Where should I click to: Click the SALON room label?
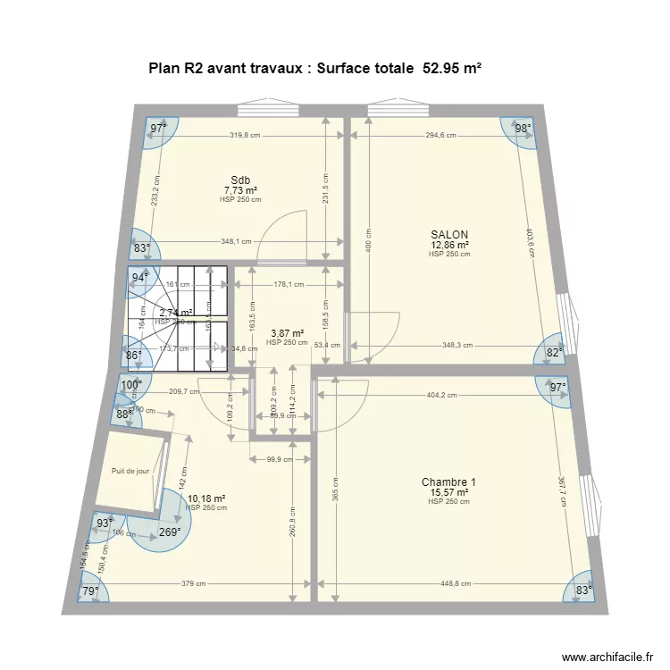(448, 235)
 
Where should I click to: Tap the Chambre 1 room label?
(448, 482)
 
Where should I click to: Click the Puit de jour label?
(130, 471)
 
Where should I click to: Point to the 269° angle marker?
(170, 532)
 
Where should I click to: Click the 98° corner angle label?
(523, 129)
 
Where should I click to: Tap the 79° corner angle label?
(90, 590)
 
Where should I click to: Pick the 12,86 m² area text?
(448, 245)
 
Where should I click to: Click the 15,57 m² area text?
(448, 492)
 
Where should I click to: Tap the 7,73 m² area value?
(240, 190)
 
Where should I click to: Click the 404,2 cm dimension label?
(440, 394)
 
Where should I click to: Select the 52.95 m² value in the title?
(451, 67)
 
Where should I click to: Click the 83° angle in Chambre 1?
(583, 590)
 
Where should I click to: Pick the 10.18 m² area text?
(206, 498)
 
